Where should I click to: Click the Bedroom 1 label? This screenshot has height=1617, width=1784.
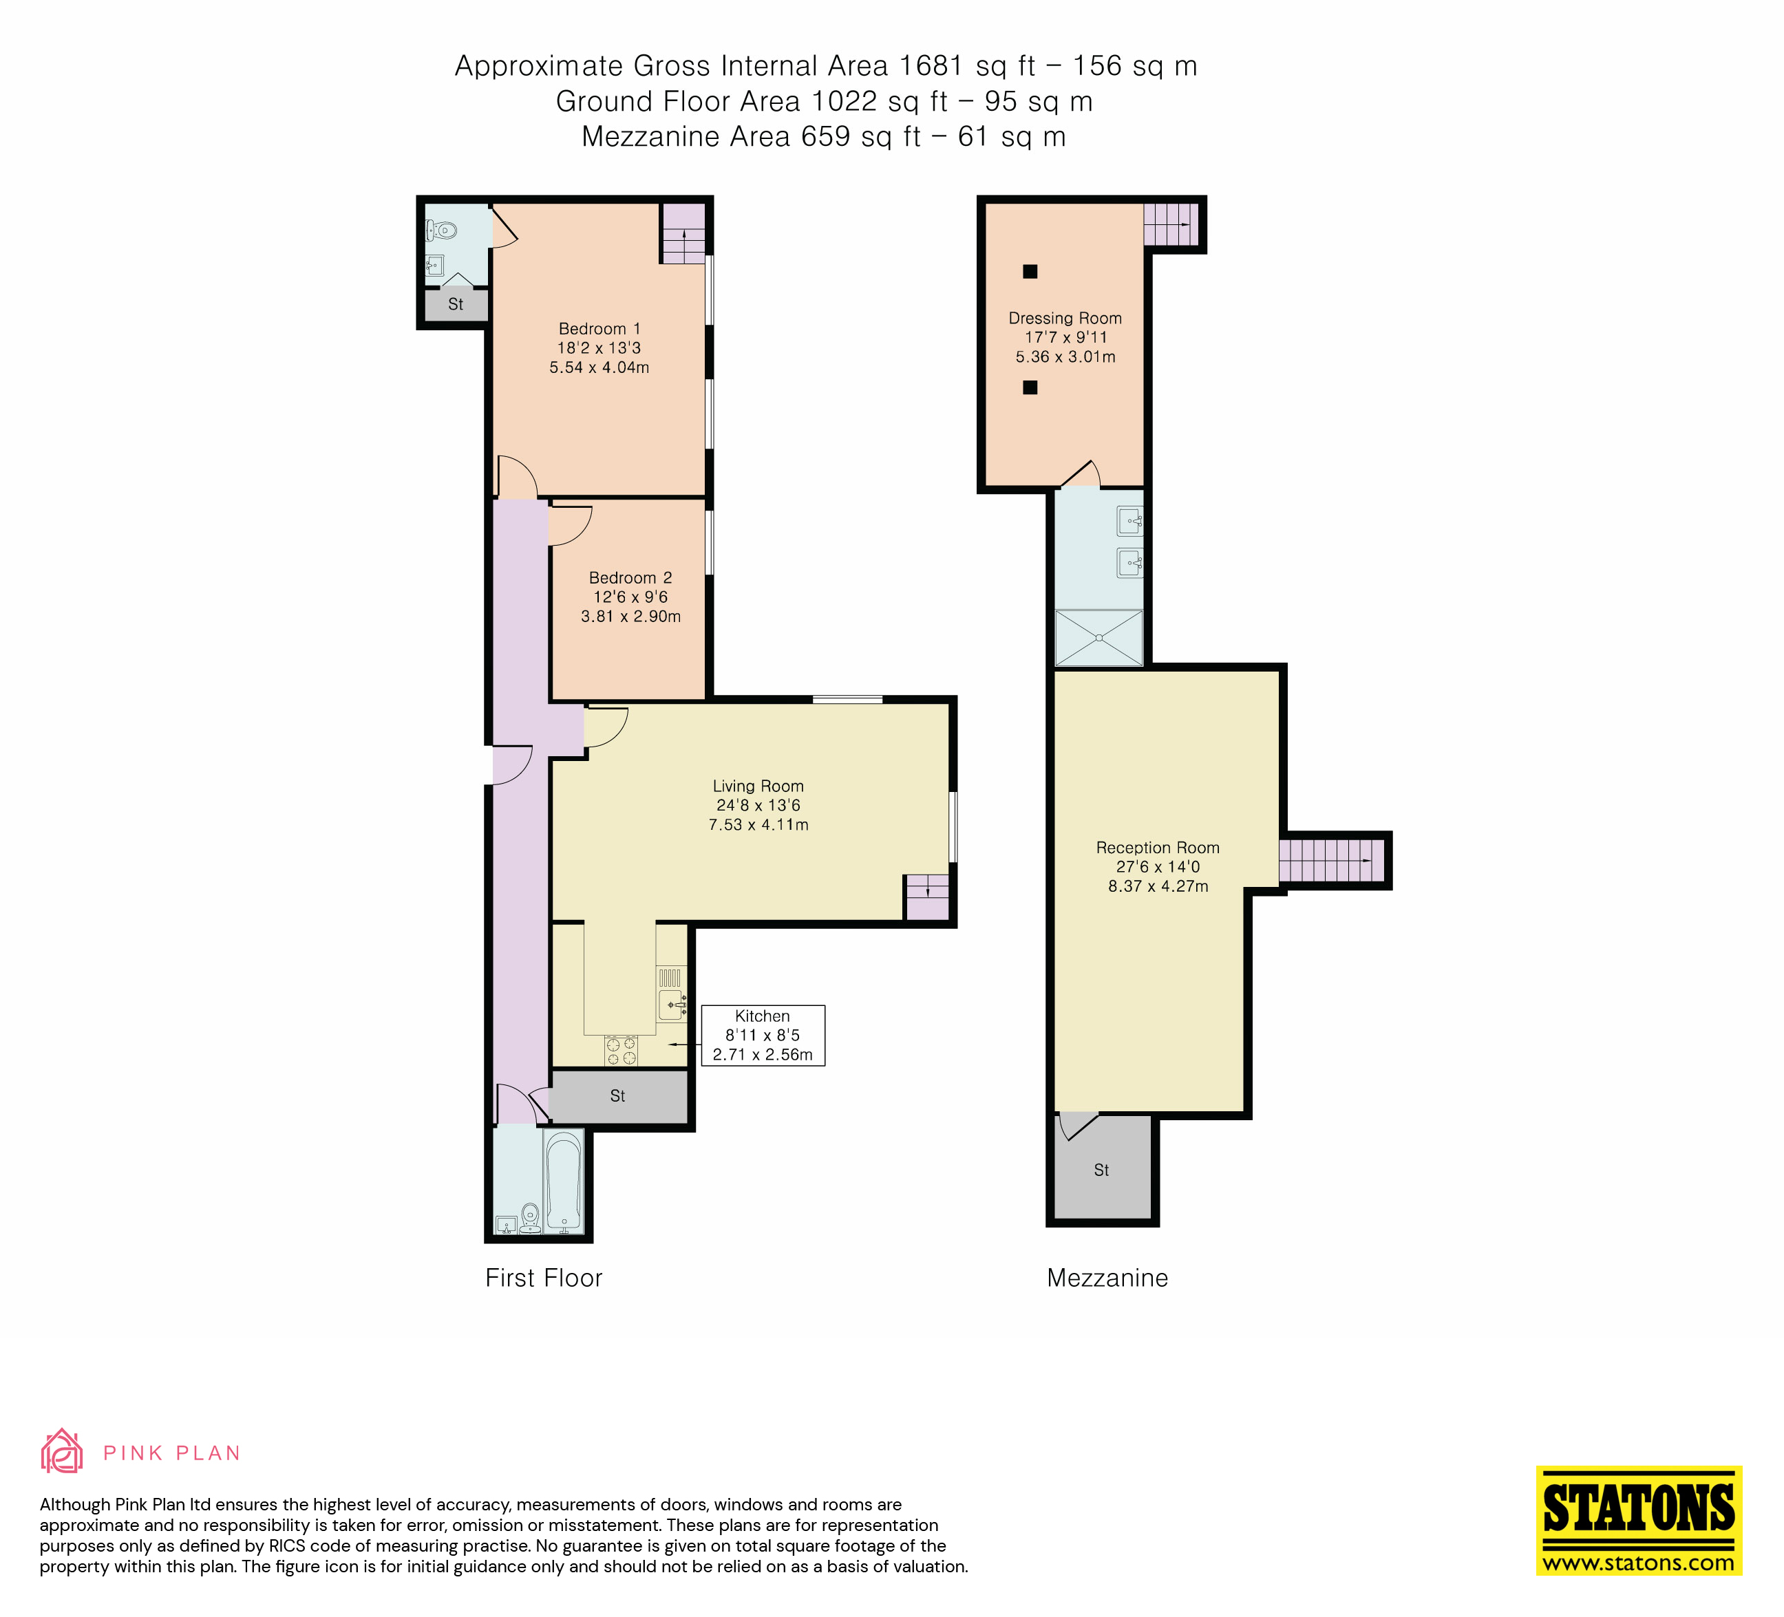(599, 329)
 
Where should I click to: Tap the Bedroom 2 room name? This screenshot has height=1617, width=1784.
(630, 577)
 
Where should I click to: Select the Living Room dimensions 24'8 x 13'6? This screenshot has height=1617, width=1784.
(758, 805)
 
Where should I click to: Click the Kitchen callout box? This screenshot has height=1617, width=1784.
(762, 1035)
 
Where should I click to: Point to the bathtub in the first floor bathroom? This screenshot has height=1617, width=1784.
(563, 1183)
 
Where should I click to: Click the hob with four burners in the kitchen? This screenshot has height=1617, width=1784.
(620, 1050)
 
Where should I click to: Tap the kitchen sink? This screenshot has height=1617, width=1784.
(672, 1005)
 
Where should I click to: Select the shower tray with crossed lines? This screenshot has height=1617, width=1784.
(1099, 638)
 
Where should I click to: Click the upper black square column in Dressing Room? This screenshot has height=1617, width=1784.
(1030, 272)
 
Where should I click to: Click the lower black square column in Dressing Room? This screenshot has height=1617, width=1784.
(1030, 387)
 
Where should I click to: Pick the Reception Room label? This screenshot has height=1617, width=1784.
(1158, 848)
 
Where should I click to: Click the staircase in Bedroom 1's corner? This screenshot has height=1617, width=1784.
(684, 233)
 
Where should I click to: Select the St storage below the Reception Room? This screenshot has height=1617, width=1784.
(1102, 1170)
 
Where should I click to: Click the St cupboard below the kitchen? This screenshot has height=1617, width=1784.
(617, 1096)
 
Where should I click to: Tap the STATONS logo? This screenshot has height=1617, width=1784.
(1638, 1520)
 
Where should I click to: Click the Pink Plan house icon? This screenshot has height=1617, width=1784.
(62, 1452)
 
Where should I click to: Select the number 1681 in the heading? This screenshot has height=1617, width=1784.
(930, 66)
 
